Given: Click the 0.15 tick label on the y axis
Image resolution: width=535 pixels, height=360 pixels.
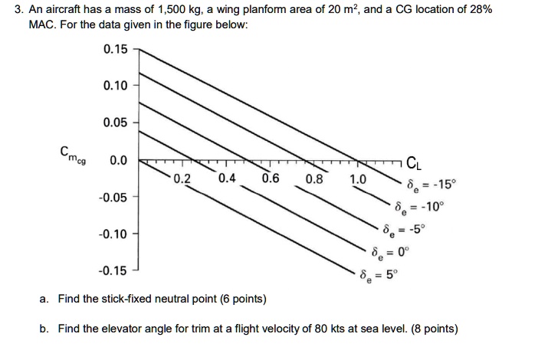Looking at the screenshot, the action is click(x=115, y=49).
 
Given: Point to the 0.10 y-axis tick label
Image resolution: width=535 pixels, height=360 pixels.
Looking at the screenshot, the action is click(x=115, y=85).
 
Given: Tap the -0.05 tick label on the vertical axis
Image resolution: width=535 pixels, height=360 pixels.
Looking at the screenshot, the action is click(x=113, y=198).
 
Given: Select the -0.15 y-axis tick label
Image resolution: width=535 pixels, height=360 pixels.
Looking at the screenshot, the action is click(x=113, y=271).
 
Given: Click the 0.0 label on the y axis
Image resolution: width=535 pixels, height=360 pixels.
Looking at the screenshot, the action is click(x=118, y=160).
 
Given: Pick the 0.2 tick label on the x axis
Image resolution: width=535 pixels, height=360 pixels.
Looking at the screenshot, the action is click(x=182, y=178).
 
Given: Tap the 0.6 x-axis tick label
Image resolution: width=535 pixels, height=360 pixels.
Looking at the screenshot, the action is click(x=271, y=178).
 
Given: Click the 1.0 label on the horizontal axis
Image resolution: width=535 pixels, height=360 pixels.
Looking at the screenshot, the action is click(x=358, y=179).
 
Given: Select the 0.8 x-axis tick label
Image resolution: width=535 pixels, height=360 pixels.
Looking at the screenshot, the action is click(x=314, y=179).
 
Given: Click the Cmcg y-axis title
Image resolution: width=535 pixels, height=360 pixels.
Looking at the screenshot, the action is click(x=73, y=155).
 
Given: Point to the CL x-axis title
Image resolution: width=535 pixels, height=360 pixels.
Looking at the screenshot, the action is click(x=414, y=164).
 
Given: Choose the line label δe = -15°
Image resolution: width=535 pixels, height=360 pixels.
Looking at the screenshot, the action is click(x=432, y=185).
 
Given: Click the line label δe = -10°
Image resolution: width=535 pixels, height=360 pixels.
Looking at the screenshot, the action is click(x=420, y=208).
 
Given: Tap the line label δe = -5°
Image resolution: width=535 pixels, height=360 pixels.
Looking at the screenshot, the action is click(x=405, y=230).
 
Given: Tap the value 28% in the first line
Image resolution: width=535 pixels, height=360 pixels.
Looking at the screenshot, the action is click(x=481, y=9).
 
